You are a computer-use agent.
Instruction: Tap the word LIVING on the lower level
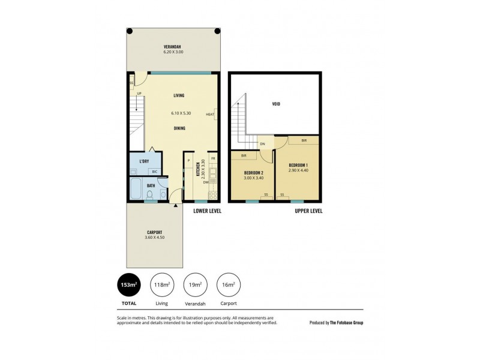[x=179, y=95]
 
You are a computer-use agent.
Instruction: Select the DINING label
[x=179, y=128]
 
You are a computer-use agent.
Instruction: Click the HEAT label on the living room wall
[x=209, y=115]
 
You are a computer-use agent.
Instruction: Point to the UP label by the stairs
[x=139, y=94]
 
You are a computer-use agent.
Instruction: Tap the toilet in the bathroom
[x=149, y=194]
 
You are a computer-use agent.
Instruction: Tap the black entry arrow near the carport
[x=175, y=206]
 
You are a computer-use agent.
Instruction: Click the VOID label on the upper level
[x=276, y=104]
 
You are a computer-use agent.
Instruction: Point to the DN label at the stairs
[x=262, y=144]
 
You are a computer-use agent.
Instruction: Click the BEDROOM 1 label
[x=298, y=165]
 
